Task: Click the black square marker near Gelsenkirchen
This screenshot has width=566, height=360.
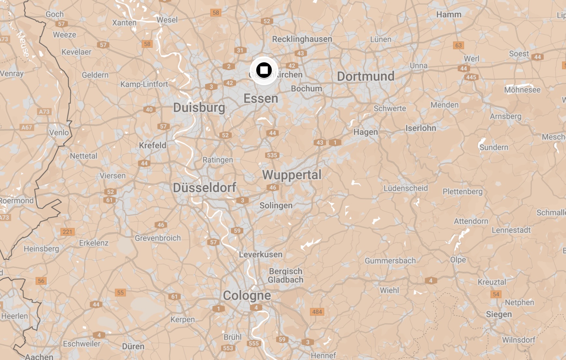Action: pos(264,70)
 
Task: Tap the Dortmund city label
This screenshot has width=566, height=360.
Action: pos(365,76)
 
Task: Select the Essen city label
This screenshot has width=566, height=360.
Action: pos(261,98)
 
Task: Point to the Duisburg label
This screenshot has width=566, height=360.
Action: pos(199,107)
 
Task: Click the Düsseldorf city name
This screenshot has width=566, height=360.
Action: pos(204,187)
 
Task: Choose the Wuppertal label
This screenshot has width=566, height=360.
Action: pos(291,175)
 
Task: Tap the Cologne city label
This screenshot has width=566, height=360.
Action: pos(247,295)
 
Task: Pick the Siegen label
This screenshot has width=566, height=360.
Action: pos(499,314)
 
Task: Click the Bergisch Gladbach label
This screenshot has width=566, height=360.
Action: pos(286,276)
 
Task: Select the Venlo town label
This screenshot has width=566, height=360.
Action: pos(59,132)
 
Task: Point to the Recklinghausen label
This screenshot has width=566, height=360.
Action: pos(302,39)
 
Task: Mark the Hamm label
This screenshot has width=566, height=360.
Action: pos(449,15)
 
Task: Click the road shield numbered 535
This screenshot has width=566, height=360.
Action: pos(272,155)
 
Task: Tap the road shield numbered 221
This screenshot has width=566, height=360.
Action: pos(67,232)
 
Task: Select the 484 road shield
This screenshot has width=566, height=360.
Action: pos(317,312)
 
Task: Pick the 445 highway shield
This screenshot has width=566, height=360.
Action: pos(471,77)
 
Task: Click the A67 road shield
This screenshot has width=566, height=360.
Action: pos(27,127)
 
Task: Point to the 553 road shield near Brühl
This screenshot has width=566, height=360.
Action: pos(228,348)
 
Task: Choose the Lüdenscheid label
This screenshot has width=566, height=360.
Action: pos(405,188)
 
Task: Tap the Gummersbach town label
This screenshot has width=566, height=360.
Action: pos(390,261)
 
